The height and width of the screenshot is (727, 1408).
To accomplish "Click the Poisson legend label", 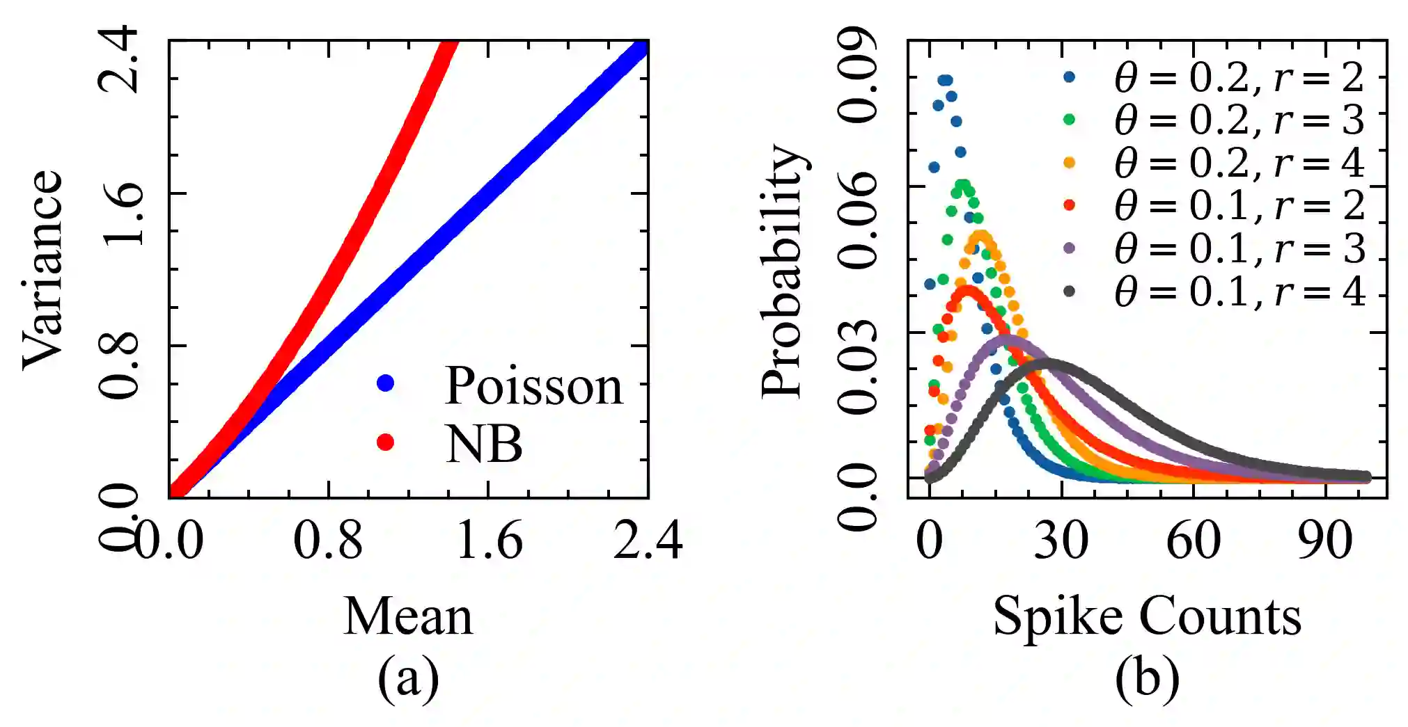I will [533, 386].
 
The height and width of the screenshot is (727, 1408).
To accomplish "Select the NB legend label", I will [484, 444].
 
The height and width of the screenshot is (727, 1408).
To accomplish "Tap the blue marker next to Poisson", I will [385, 383].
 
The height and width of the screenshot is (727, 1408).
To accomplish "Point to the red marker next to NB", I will [385, 442].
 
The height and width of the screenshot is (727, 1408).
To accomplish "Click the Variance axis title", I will [43, 270].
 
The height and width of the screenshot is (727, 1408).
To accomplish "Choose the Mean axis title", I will [408, 616].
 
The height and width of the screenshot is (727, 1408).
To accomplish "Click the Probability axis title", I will [783, 271].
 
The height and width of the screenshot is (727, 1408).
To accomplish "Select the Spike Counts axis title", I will [1147, 616].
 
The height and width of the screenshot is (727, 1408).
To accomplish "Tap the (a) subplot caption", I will [408, 678].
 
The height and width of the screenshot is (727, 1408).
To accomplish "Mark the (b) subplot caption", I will [1147, 678].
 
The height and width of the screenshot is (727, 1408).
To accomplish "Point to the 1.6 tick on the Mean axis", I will [489, 541].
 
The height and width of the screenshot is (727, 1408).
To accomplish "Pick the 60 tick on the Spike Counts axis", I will [1194, 541].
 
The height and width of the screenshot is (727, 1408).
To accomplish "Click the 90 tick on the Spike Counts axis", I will [1325, 541].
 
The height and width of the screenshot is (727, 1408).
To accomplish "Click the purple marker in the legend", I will [1070, 248].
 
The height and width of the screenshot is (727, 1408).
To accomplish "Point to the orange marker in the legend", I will [1070, 163].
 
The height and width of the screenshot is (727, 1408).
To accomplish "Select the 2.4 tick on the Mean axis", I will [648, 541].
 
